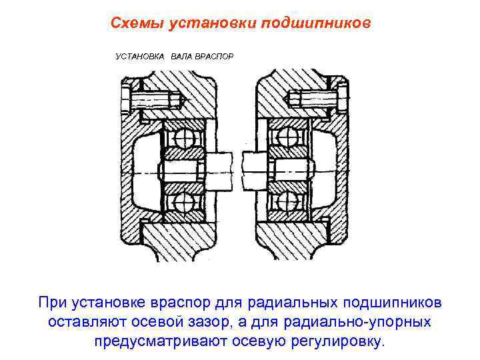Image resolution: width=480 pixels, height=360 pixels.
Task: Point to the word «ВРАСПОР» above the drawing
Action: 214,57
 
